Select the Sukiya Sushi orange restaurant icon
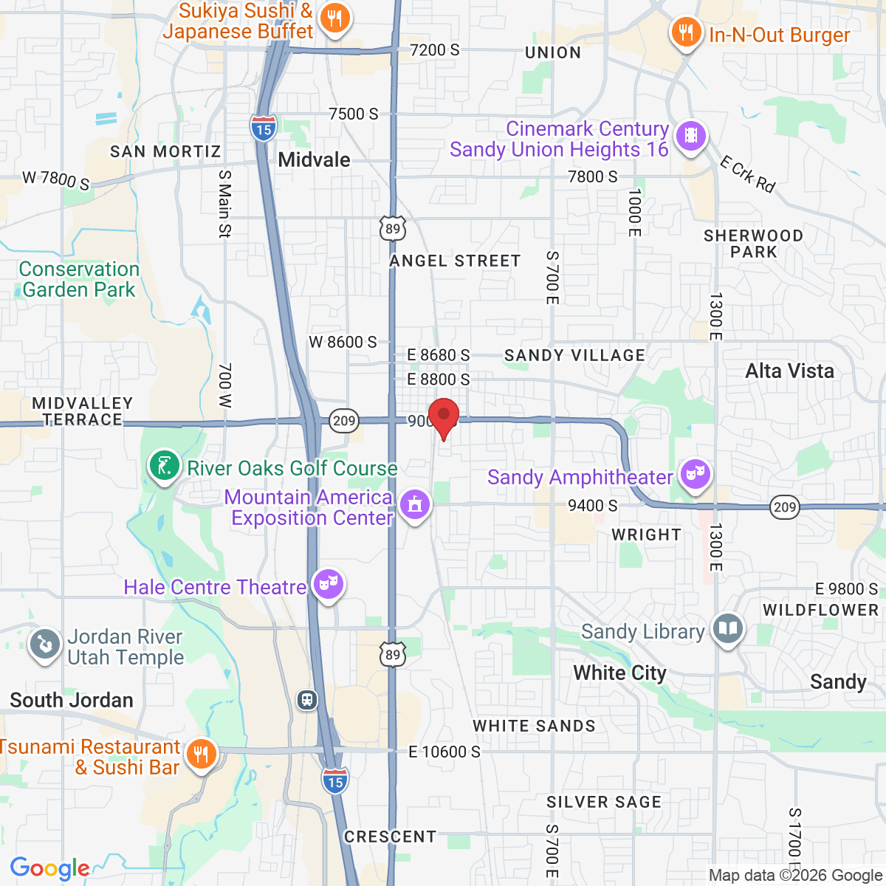coord(335,18)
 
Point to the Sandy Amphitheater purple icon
coord(695,475)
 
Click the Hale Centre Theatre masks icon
coord(328,585)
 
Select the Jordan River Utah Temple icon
coord(44,645)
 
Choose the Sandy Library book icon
coord(728,629)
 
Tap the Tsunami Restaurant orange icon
coord(199,755)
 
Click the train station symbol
coord(307,700)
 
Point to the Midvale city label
coord(314,159)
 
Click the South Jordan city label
coord(72,700)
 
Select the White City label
coord(619,673)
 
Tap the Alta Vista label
coord(789,371)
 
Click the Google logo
coord(49,868)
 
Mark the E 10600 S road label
coord(444,752)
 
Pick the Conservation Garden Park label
coord(79,279)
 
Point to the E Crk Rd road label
coord(747,174)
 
